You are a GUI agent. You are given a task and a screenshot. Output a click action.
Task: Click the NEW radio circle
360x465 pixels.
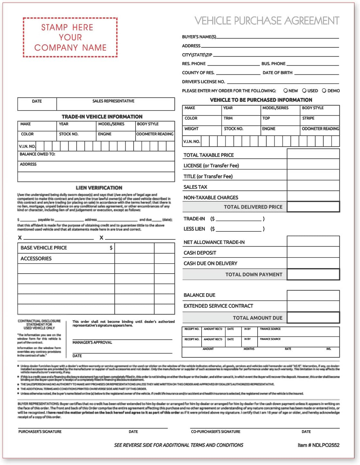[285, 91]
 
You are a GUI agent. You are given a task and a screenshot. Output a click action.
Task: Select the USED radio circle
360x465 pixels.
[304, 91]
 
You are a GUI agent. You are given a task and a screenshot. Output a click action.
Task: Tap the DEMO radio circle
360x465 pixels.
[324, 91]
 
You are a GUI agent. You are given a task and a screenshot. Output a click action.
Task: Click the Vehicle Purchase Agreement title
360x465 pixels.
[267, 21]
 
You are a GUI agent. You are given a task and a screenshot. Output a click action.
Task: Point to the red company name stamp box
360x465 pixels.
[70, 37]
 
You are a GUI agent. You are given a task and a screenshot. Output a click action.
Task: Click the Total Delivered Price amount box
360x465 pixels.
[313, 207]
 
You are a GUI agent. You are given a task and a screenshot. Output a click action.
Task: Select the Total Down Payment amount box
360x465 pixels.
[313, 275]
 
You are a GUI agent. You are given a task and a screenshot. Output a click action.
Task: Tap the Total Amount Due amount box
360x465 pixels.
[313, 318]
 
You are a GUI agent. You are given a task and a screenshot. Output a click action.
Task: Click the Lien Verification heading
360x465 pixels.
[99, 188]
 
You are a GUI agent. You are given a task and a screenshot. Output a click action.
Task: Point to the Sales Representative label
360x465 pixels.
[113, 101]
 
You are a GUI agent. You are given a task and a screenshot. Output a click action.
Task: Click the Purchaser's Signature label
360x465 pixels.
[40, 431]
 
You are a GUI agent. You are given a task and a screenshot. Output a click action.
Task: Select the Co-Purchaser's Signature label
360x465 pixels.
[215, 431]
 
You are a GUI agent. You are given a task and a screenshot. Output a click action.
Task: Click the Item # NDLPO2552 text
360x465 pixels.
[318, 445]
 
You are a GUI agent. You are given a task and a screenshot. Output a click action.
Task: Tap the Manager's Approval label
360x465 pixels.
[92, 342]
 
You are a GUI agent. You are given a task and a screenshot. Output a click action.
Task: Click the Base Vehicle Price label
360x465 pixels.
[44, 248]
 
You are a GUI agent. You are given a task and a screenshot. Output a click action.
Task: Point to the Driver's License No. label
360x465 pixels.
[203, 82]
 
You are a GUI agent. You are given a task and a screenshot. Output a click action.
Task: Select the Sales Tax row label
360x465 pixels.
[195, 187]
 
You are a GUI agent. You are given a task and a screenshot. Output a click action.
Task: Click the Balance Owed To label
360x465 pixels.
[37, 154]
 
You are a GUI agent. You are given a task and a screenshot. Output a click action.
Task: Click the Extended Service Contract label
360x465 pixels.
[218, 306]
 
